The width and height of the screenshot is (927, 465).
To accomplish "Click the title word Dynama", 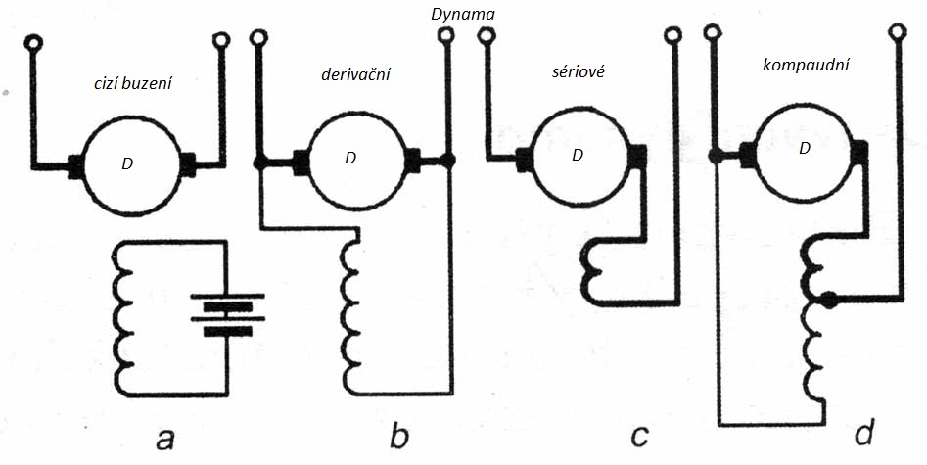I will [463, 16].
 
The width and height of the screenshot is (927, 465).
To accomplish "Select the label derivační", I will [355, 74].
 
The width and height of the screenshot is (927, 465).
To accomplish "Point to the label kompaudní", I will [805, 67].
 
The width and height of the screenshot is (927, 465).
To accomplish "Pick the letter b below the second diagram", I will [398, 437].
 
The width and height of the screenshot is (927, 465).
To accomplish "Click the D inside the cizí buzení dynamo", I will [127, 163].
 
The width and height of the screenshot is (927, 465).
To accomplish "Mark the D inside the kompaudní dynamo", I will [805, 149].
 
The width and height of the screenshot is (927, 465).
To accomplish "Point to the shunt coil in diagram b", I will [349, 315].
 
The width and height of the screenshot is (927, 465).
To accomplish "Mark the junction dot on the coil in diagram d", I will [829, 301].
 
